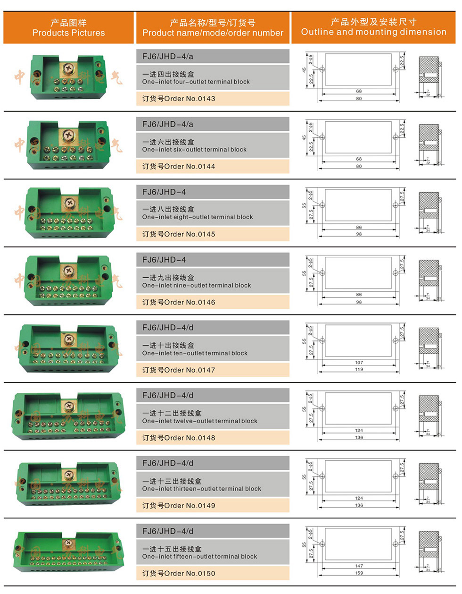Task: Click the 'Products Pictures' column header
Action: click(68, 28)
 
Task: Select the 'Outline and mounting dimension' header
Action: click(373, 27)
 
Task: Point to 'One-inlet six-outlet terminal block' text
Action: click(194, 150)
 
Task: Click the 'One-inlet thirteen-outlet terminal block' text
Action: click(201, 489)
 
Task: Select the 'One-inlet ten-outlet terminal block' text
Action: click(195, 353)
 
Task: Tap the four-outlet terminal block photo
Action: click(68, 76)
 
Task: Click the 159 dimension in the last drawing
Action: click(359, 573)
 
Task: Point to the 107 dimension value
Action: click(359, 363)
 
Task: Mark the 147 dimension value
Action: click(359, 566)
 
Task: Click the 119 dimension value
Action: click(359, 369)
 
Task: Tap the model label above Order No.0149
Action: click(168, 463)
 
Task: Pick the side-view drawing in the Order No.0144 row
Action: click(429, 144)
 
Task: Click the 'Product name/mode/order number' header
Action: click(213, 28)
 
